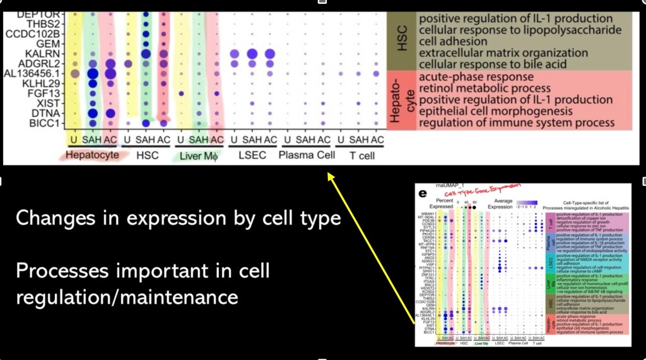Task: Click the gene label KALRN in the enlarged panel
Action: (45, 53)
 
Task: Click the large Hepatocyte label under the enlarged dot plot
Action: (92, 154)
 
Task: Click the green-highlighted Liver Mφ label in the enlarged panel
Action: (201, 154)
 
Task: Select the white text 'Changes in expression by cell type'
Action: (179, 219)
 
